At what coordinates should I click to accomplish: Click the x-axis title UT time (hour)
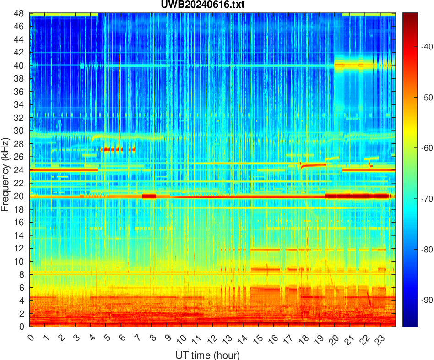(x=207, y=355)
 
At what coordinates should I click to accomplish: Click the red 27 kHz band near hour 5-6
(x=112, y=149)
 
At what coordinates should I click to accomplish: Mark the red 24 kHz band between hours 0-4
(x=64, y=170)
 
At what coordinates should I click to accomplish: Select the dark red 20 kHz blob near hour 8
(x=149, y=196)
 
